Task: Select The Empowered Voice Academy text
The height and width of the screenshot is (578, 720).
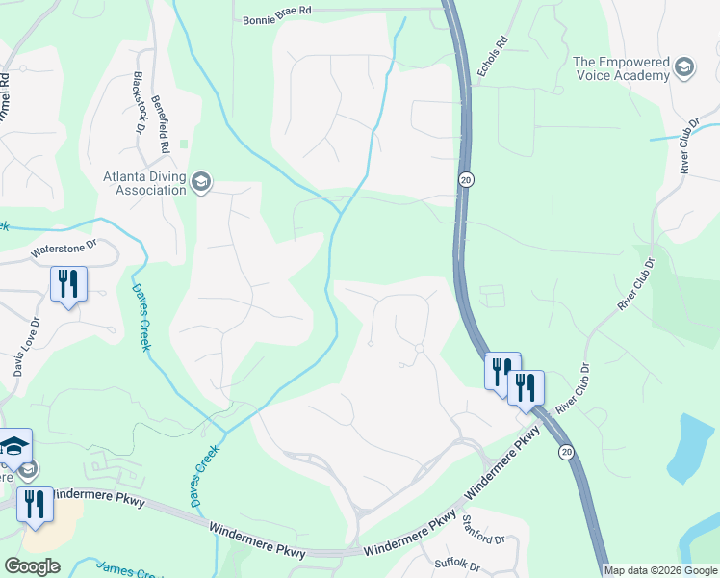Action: pos(621,68)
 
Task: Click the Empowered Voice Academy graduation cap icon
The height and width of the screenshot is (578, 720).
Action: pos(683,68)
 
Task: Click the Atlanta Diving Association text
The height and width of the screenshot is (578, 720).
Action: pos(144,183)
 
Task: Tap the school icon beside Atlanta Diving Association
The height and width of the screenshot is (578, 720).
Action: pos(201,181)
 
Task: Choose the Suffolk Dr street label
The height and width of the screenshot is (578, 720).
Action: pos(456,562)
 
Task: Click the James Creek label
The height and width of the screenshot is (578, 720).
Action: pos(125,571)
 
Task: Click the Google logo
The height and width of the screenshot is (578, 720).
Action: pos(32,566)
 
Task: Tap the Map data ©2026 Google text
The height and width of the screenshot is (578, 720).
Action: pos(659,570)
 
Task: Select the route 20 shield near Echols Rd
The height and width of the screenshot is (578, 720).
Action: pos(464,180)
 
